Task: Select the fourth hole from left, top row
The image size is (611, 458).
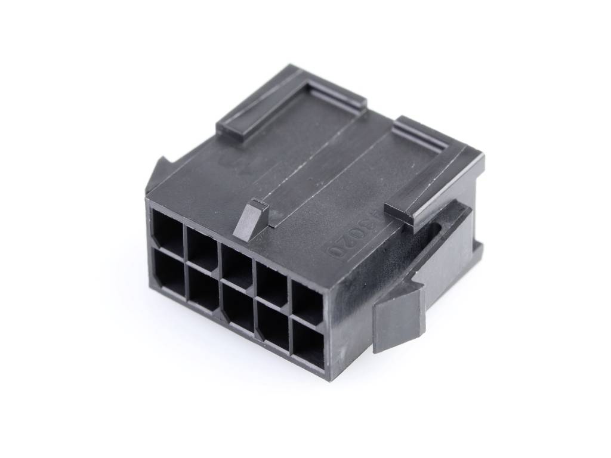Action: [272, 284]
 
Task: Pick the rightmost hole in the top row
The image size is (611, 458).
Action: [308, 303]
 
